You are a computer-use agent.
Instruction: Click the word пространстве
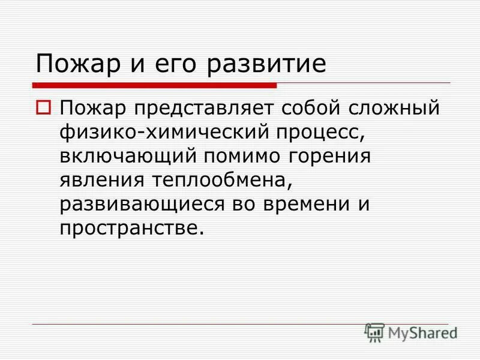coord(127,228)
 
